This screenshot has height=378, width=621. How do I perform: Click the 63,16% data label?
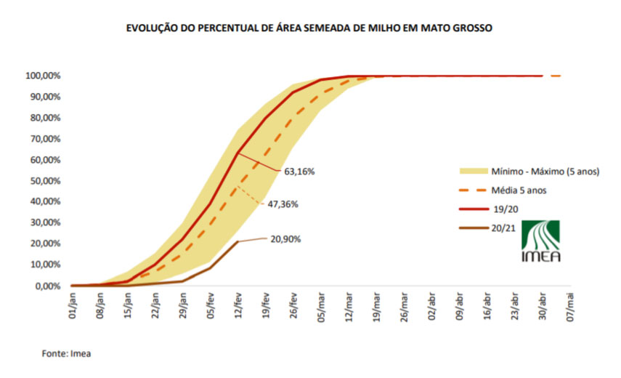299,172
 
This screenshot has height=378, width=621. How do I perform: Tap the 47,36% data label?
283,204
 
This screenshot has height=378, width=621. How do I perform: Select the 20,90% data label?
285,239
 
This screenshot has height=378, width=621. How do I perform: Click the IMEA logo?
540,241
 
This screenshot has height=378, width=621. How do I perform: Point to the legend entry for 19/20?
489,209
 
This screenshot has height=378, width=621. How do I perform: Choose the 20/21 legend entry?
487,228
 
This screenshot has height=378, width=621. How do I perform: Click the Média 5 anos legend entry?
503,190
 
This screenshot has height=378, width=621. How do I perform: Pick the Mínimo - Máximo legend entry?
529,172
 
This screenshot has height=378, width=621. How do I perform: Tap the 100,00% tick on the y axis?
43,76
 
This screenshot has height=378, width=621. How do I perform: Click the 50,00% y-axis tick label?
45,181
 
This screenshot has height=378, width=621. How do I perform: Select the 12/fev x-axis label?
238,305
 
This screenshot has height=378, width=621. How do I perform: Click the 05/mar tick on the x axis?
321,307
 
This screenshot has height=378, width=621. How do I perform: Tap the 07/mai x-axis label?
570,307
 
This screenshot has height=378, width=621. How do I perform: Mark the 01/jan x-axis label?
73,305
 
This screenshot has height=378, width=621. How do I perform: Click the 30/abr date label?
542,306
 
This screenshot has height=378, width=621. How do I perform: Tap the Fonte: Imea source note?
67,353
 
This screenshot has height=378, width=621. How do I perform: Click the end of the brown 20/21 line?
238,241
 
